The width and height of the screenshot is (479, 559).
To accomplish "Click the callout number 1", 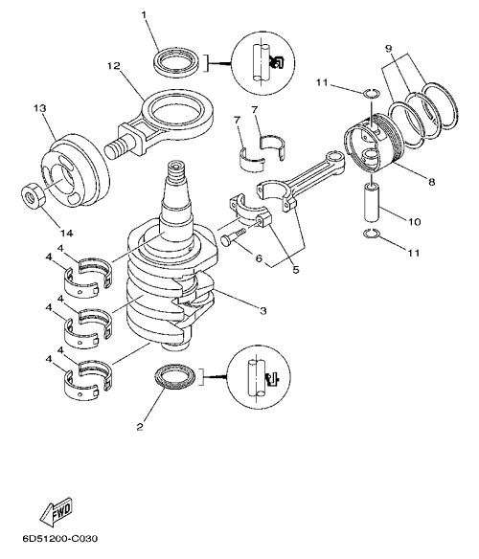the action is coord(144,15).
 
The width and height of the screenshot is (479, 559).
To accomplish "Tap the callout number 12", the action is coord(114,66).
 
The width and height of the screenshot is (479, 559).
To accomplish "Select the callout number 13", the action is coord(40,108).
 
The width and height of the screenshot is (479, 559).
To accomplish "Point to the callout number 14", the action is coord(67,234).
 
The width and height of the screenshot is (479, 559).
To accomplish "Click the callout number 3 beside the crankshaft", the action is coord(263,311).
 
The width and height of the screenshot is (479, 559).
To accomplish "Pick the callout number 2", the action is coord(140,427).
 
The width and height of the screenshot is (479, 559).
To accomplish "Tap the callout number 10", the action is coord(415,222).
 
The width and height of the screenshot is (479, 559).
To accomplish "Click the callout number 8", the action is coord(432,182).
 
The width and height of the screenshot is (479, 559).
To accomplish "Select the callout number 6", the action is coord(259,257).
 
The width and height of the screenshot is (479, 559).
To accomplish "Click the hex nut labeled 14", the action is coord(33,195).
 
